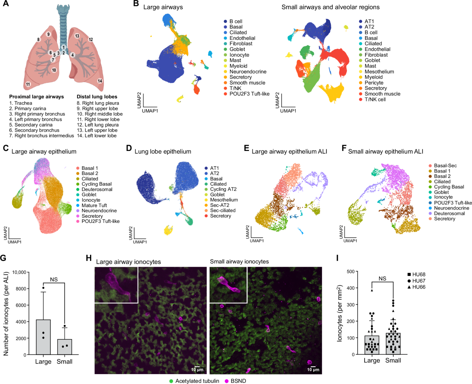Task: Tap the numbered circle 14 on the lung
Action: tap(100, 81)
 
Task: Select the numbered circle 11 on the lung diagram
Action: tap(28, 84)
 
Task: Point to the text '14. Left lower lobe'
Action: tap(96, 136)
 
